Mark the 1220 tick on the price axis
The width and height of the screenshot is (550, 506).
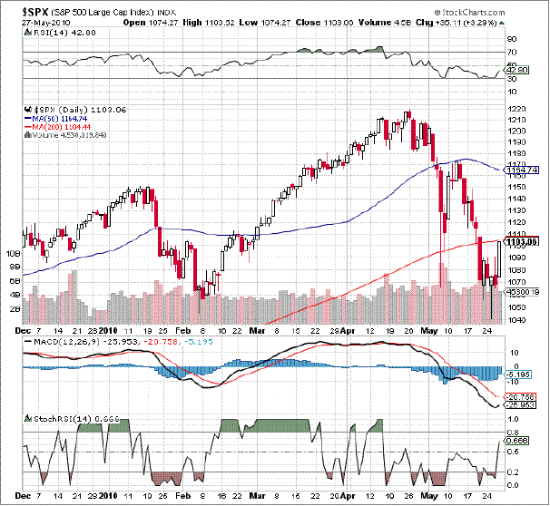pos(517,109)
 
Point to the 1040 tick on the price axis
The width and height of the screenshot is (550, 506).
pos(517,319)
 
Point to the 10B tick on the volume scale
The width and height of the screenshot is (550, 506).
pos(14,255)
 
